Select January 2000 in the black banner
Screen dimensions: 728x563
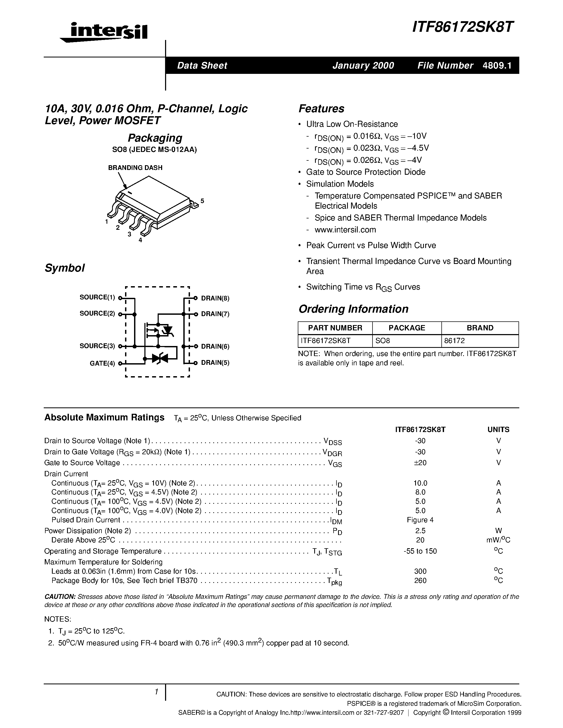coord(363,65)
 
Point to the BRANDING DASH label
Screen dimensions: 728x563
coord(135,168)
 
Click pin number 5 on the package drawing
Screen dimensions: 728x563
coord(202,201)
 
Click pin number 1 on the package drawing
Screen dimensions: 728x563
coord(107,222)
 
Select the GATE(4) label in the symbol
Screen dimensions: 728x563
coord(102,363)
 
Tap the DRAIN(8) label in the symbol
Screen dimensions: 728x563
coord(215,298)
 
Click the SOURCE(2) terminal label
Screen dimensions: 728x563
coord(97,313)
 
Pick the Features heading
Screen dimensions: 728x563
coord(321,109)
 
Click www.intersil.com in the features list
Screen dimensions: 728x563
coord(345,230)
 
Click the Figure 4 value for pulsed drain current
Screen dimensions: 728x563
coord(420,520)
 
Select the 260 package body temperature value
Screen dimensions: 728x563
coord(420,581)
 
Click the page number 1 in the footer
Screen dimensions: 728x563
coord(156,692)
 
